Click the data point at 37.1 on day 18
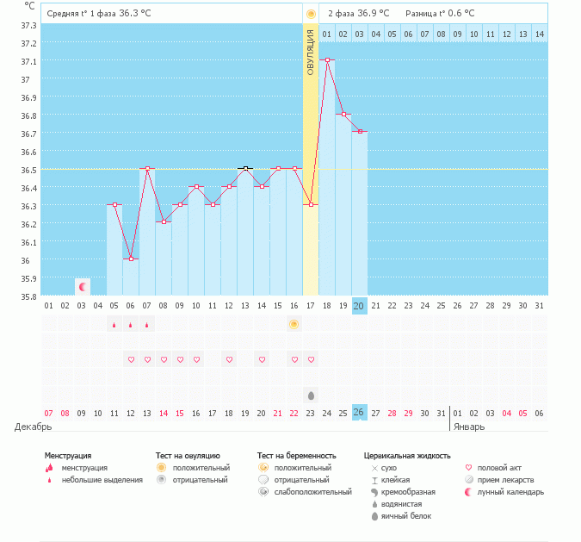(x=327, y=60)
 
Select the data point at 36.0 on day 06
(x=131, y=259)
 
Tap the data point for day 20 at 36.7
(x=360, y=132)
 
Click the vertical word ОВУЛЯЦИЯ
(x=311, y=51)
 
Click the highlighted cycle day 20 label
(x=360, y=306)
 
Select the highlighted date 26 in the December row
(x=360, y=413)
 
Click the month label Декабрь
(x=34, y=427)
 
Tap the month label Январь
(x=468, y=427)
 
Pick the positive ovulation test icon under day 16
(x=294, y=324)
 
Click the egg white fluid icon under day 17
(x=311, y=395)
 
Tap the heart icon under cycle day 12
(x=229, y=359)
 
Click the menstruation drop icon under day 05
(x=114, y=325)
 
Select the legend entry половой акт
(x=500, y=468)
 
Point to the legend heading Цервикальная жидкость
(x=407, y=455)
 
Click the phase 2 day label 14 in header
(x=539, y=34)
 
